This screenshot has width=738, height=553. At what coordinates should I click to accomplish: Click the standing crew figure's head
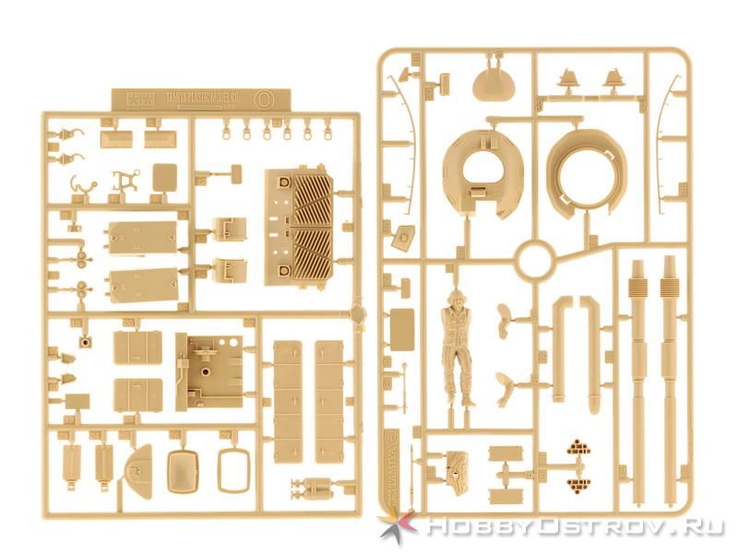tap(455, 298)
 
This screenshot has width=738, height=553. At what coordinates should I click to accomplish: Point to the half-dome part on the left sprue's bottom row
tap(138, 465)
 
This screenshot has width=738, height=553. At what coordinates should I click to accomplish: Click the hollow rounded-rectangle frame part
tap(234, 469)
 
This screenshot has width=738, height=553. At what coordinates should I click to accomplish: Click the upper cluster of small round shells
tap(578, 449)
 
